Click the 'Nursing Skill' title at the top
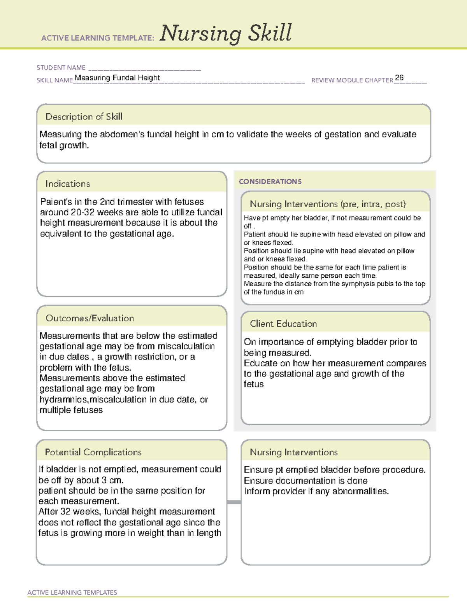point(226,33)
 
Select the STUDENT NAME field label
point(61,68)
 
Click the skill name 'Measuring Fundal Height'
point(117,78)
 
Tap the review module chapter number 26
point(399,77)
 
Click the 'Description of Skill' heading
point(84,117)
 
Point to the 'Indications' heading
point(67,184)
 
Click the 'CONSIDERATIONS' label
point(270,182)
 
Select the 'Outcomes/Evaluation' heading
point(90,318)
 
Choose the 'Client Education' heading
point(283,324)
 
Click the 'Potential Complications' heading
point(93,452)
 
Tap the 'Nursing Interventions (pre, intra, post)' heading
point(328,204)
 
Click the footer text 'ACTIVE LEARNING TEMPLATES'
point(72,592)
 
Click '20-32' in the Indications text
point(83,212)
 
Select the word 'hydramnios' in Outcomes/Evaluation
point(64,399)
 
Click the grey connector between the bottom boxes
point(234,502)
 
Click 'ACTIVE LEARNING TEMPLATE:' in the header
point(98,38)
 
